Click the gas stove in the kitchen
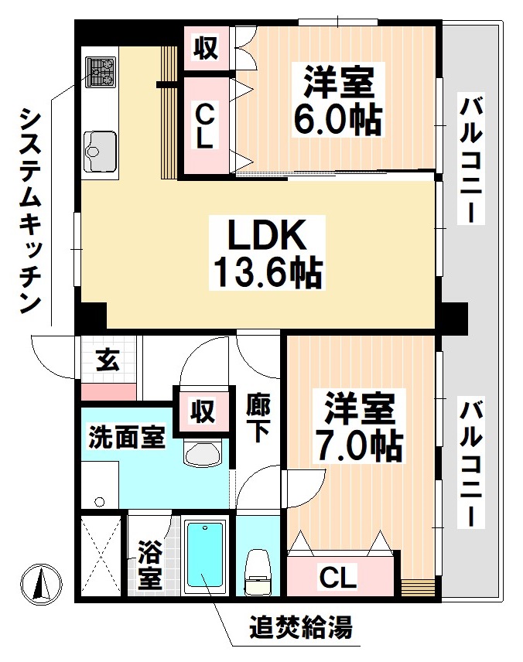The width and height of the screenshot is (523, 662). (x=100, y=73)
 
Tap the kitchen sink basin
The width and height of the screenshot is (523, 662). (x=100, y=146)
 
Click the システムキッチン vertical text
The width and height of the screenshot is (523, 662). (x=29, y=210)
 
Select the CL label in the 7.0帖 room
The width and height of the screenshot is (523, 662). (x=338, y=576)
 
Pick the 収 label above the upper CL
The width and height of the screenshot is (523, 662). (x=205, y=49)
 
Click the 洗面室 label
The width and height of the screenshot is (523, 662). (x=125, y=437)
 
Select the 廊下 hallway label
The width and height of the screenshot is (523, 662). (x=258, y=418)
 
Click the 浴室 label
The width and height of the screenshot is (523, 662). (x=150, y=565)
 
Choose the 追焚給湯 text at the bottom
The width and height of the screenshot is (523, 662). (x=300, y=627)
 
